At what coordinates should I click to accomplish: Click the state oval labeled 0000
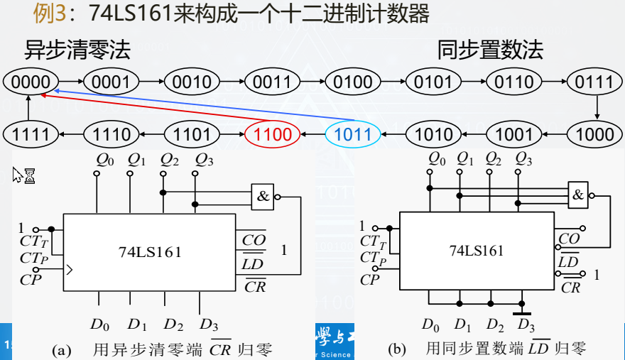click(x=31, y=82)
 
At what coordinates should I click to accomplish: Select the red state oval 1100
click(x=273, y=133)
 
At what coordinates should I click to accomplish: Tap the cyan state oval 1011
click(x=354, y=133)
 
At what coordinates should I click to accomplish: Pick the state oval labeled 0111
click(x=594, y=82)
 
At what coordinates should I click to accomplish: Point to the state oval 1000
click(x=595, y=133)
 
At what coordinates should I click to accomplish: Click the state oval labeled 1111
click(x=31, y=133)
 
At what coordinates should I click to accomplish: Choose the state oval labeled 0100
click(x=353, y=82)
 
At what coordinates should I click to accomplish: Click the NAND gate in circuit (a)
click(x=263, y=197)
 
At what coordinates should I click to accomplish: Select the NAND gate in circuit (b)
click(x=579, y=194)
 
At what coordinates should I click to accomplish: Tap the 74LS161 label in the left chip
click(x=150, y=251)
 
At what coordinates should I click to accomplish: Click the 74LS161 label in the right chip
click(x=477, y=250)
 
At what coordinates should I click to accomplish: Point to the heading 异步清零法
click(x=77, y=50)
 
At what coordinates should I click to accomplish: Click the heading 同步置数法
click(x=490, y=50)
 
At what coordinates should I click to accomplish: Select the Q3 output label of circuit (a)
click(x=205, y=159)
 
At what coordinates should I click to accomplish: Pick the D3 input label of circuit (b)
click(x=525, y=325)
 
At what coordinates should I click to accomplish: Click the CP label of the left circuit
click(x=31, y=280)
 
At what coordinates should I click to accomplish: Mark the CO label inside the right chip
click(x=569, y=239)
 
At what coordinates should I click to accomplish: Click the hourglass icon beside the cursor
click(x=30, y=176)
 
